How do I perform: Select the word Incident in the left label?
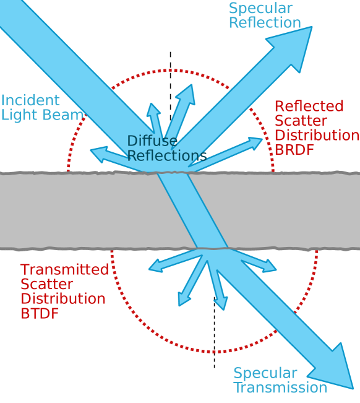pyautogui.click(x=30, y=100)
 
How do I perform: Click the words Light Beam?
pyautogui.click(x=42, y=115)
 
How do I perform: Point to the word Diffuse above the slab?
pyautogui.click(x=152, y=141)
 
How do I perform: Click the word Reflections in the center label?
pyautogui.click(x=167, y=155)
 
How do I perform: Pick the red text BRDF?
pyautogui.click(x=294, y=149)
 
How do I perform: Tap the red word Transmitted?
pyautogui.click(x=64, y=270)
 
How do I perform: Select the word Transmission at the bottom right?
pyautogui.click(x=280, y=388)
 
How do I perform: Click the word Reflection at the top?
pyautogui.click(x=265, y=24)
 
